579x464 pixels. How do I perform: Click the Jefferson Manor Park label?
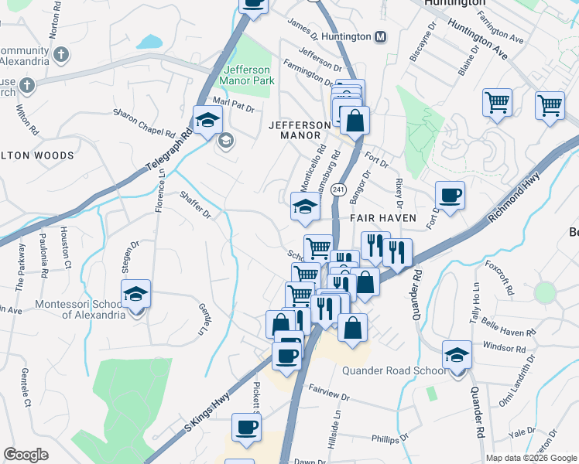[x=247, y=73]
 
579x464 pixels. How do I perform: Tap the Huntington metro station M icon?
[x=380, y=37]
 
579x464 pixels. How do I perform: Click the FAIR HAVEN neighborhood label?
[x=382, y=219]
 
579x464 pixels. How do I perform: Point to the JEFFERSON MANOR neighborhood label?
[x=293, y=130]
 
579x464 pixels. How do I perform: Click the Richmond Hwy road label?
[x=522, y=197]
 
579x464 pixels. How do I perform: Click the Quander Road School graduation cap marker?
[x=457, y=357]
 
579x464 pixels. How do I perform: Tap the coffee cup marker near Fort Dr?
[x=449, y=196]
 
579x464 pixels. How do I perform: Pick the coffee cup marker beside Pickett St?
[x=247, y=428]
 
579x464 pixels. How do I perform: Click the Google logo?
[x=26, y=455]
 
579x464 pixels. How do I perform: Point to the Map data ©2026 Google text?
[x=531, y=458]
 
